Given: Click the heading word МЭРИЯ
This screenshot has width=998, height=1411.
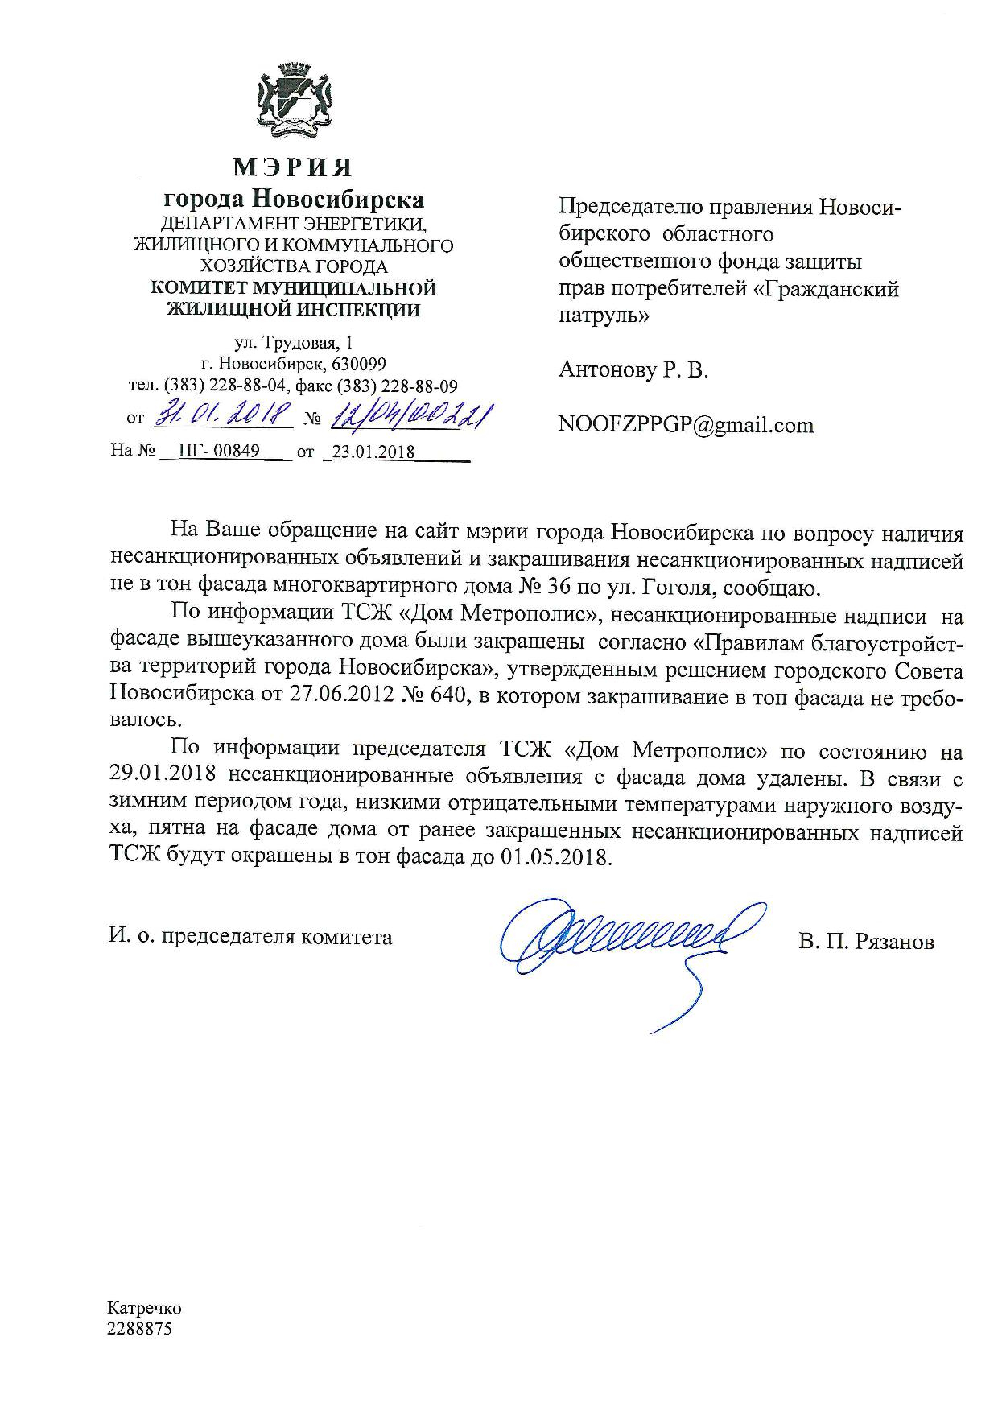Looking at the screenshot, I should click(x=293, y=167).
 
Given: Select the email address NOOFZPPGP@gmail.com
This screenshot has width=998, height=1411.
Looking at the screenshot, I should click(x=686, y=425).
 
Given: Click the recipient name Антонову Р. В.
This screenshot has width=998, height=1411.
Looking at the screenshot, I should click(x=633, y=370).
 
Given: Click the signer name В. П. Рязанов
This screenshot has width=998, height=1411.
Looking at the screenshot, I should click(x=867, y=941).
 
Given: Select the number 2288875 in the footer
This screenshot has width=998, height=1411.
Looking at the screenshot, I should click(x=140, y=1329).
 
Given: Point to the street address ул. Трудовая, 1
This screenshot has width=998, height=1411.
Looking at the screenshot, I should click(x=293, y=343).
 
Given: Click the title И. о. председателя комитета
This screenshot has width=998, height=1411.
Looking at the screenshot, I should click(x=251, y=937).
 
